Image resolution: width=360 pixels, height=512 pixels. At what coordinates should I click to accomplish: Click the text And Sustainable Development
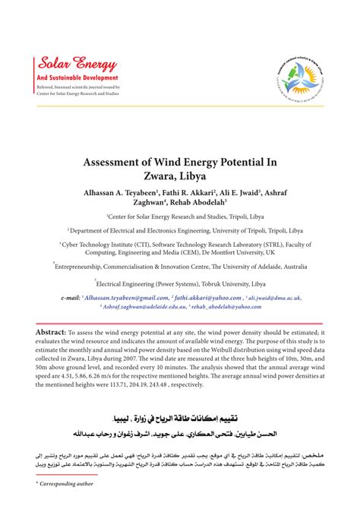point(72,77)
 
